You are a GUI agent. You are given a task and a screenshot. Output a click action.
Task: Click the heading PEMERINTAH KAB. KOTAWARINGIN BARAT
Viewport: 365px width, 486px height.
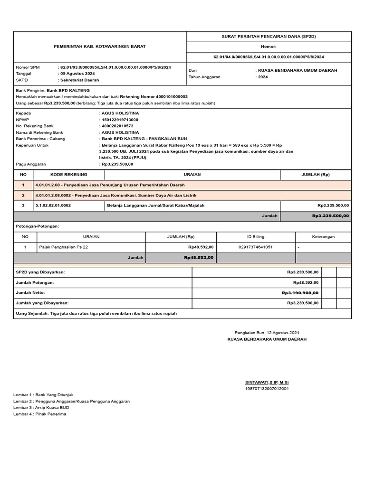[99, 47]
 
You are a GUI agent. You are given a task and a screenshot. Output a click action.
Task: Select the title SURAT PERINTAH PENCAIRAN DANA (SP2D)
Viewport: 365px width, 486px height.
[269, 36]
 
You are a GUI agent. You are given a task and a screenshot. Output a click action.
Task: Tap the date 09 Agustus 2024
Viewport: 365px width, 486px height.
[77, 74]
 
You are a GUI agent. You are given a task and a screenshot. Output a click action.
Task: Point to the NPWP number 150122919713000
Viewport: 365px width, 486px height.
[119, 120]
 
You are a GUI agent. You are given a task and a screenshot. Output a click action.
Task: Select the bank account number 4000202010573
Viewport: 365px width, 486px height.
[117, 126]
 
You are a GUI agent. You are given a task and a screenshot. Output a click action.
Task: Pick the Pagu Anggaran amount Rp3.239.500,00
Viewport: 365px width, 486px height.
[117, 164]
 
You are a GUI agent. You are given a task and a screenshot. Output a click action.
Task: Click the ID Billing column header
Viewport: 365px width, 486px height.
[256, 236]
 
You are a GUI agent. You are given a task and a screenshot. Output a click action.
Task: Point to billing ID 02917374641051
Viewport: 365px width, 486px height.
[256, 247]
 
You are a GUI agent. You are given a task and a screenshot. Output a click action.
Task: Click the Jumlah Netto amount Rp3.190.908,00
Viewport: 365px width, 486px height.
[300, 293]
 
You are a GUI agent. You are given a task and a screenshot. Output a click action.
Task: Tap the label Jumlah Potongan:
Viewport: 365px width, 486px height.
[35, 282]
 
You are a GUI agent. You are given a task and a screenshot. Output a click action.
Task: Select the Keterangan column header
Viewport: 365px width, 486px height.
[323, 236]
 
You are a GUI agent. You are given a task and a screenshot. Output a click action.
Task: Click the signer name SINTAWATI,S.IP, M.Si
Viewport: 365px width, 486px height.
[267, 382]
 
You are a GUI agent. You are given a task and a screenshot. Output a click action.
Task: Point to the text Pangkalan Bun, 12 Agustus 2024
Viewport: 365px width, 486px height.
[267, 333]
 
